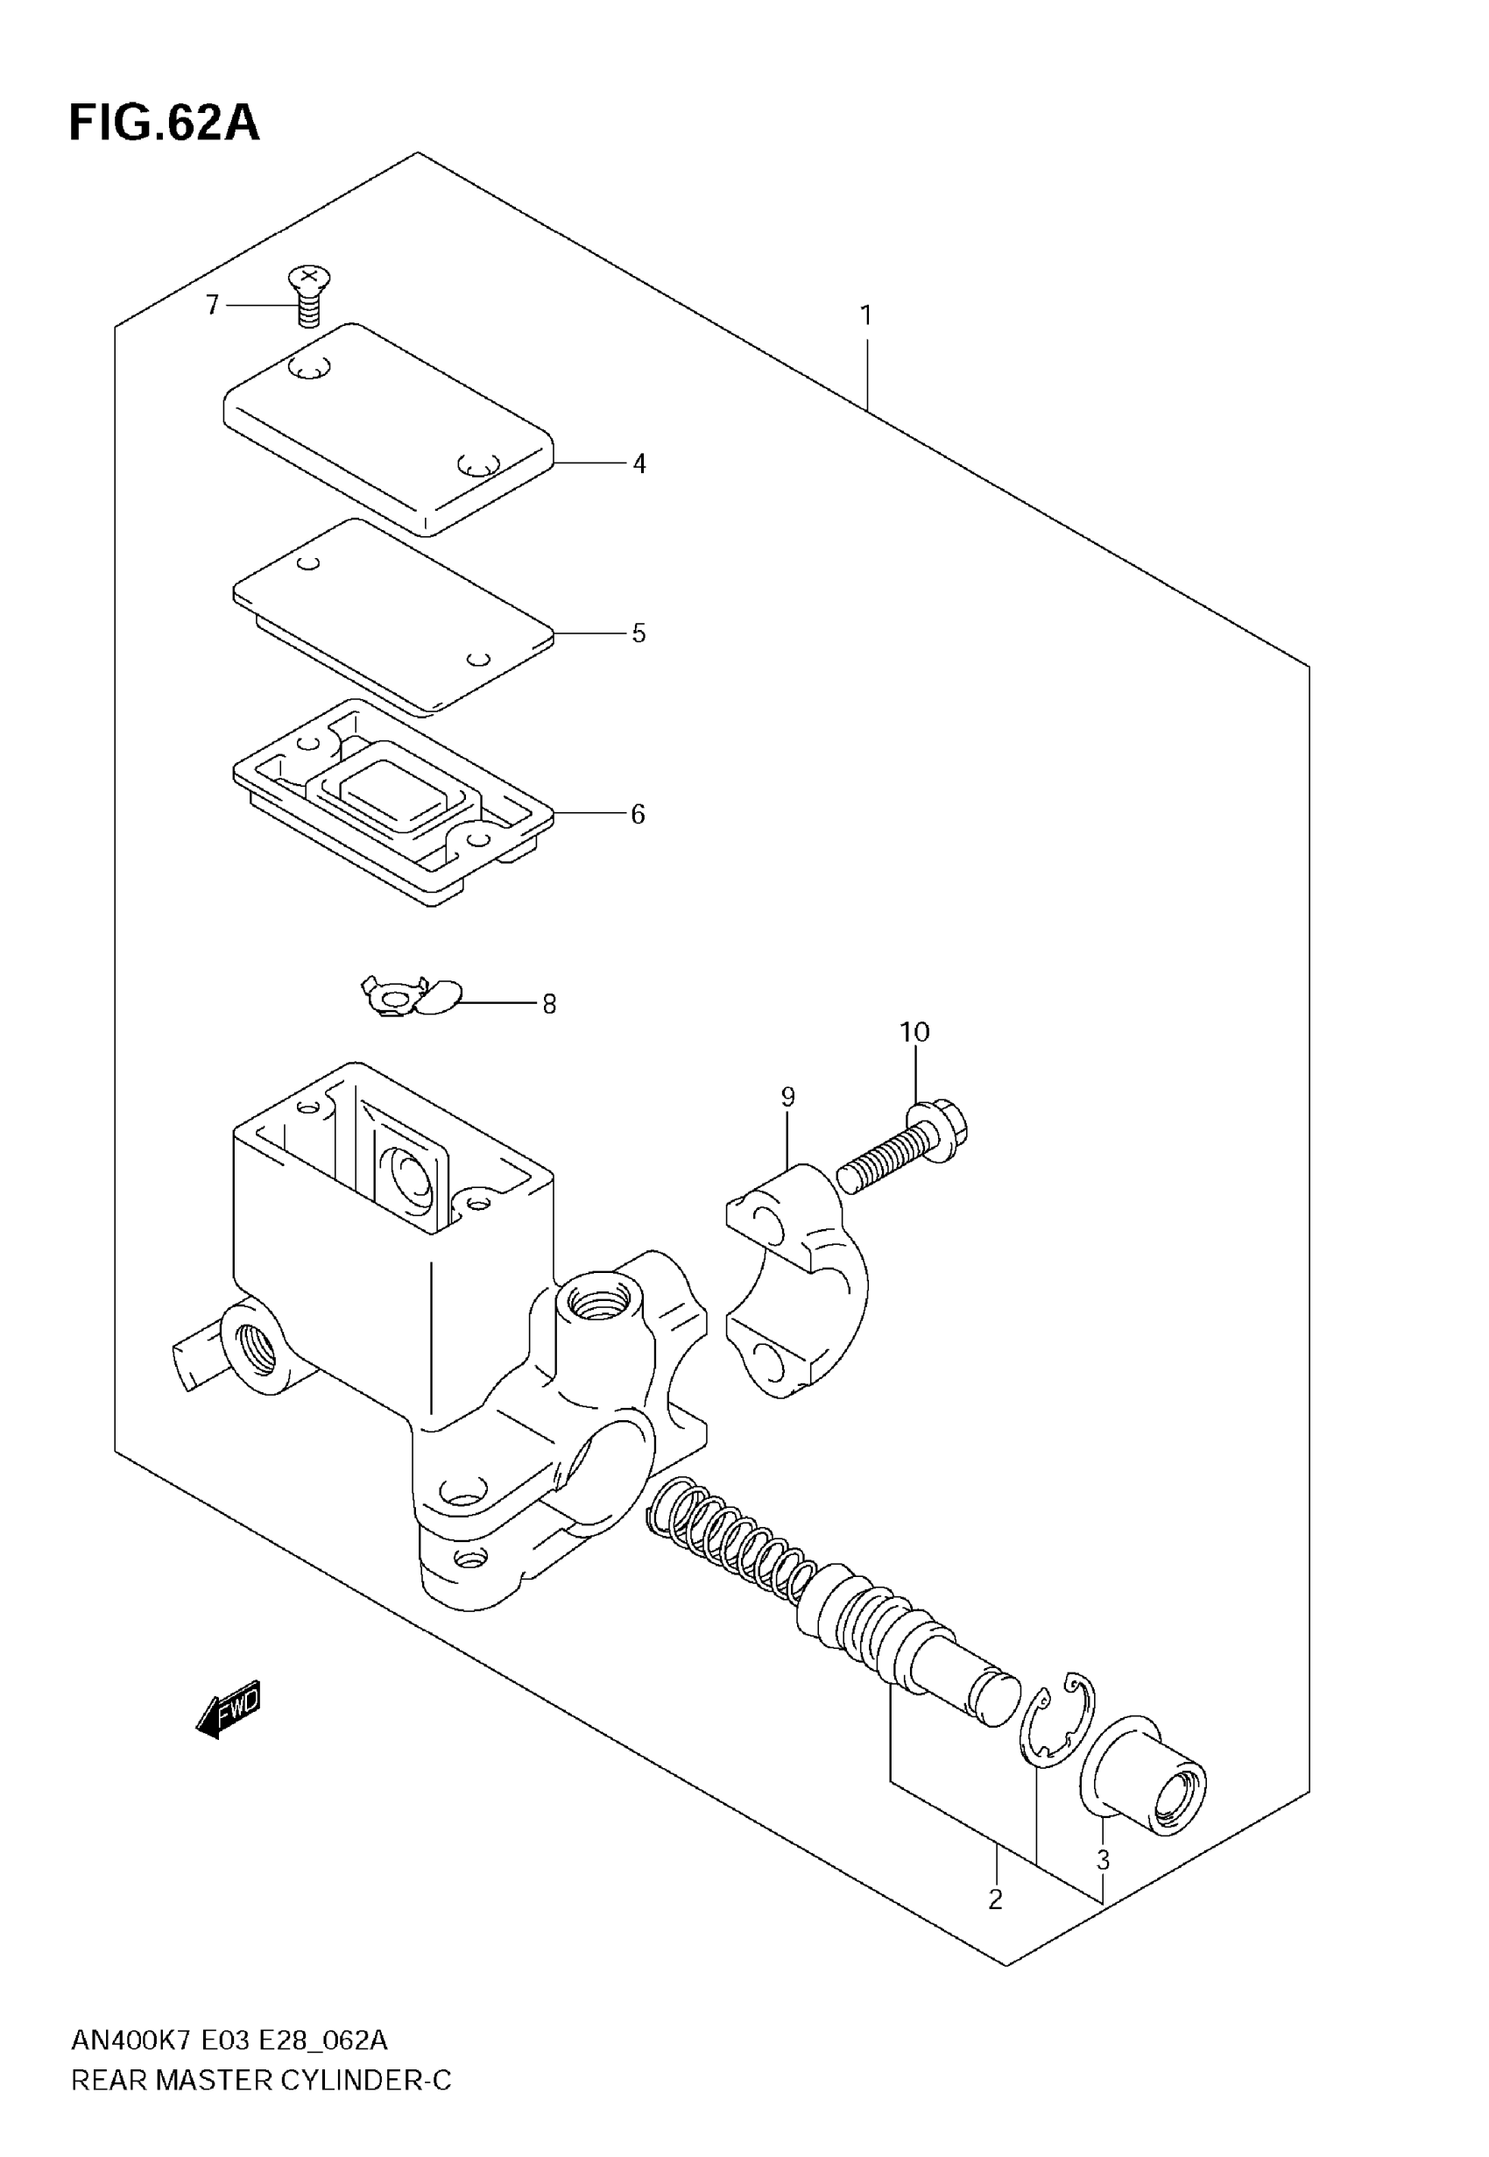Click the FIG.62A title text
click(x=164, y=124)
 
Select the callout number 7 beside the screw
click(x=213, y=305)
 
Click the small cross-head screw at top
click(x=309, y=295)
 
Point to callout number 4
click(x=639, y=463)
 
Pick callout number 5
click(x=639, y=633)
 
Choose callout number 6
click(x=639, y=815)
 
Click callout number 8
click(x=549, y=1005)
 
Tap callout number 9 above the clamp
click(x=788, y=1097)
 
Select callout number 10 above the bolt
click(x=914, y=1032)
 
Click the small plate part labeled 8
click(x=411, y=997)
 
